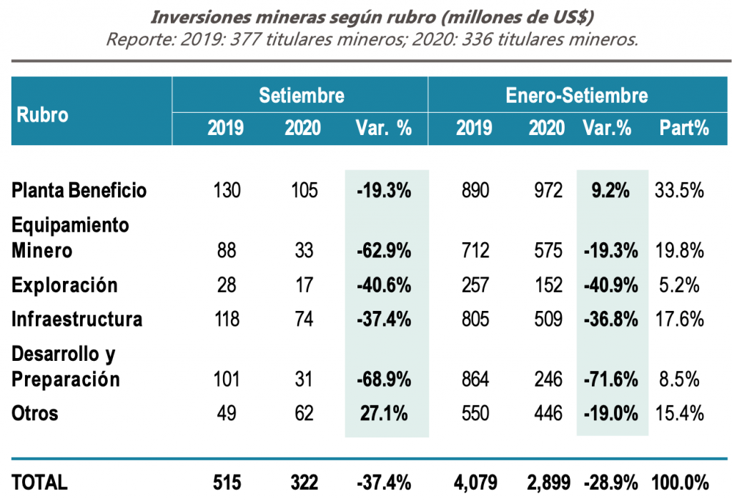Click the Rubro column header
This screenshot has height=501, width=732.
pos(43,114)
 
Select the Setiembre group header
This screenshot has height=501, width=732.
pos(301,95)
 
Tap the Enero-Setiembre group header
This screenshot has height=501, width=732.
pos(577,95)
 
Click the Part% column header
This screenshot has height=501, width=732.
pos(683,128)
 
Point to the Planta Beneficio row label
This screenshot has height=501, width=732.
pos(79,191)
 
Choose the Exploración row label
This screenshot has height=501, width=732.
pos(64,285)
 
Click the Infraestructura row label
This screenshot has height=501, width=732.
pos(76,319)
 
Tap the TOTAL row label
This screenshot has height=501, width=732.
pos(40,482)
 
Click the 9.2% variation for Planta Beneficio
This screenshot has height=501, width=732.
pos(610,191)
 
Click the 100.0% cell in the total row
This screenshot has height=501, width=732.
pos(680,482)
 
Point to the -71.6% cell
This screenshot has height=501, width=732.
pos(610,379)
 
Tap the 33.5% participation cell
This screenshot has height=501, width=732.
pos(678,191)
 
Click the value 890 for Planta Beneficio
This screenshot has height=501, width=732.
pos(475,191)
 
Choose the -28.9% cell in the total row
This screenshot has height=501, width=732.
pos(610,482)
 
